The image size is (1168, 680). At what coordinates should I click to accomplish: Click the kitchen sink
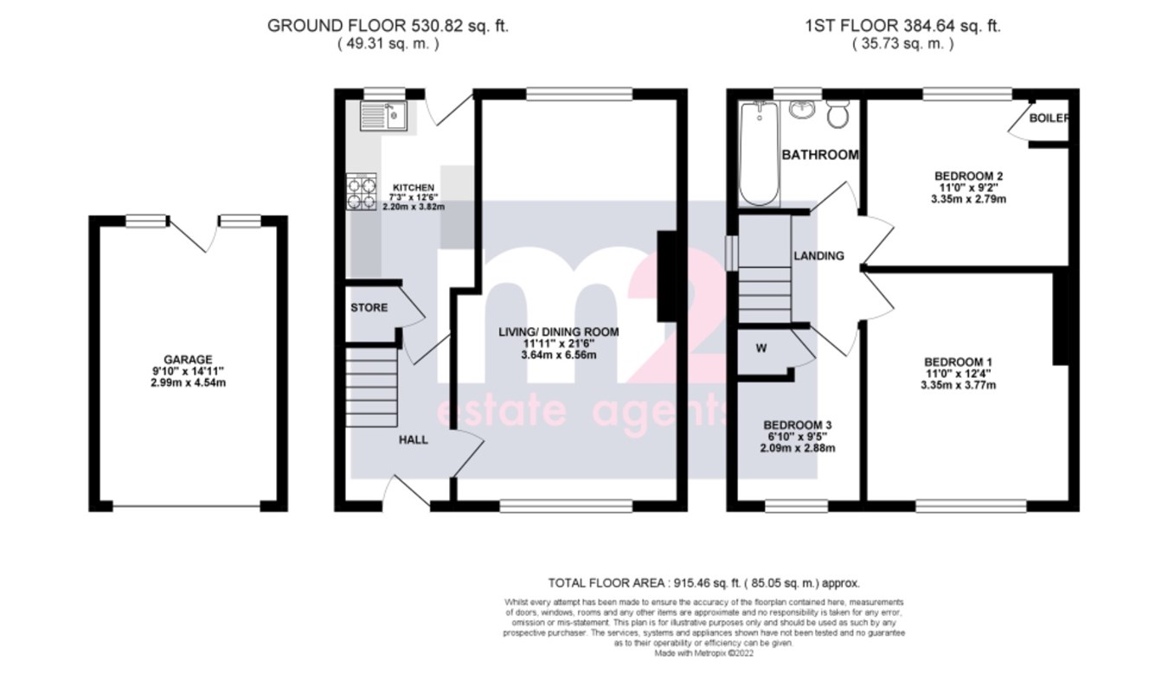tap(383, 114)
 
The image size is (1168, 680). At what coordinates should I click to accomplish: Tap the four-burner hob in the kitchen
tap(361, 192)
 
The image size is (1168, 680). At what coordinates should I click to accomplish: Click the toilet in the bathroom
tap(837, 114)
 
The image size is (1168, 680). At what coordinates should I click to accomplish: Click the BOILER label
tap(1049, 119)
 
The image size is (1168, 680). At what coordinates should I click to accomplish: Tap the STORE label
tap(369, 308)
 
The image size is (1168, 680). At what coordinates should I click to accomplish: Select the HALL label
tap(413, 440)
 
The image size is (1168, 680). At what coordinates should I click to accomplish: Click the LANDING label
tap(818, 256)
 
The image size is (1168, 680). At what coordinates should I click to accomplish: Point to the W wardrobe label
tap(760, 350)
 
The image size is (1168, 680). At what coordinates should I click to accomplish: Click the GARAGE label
tap(188, 360)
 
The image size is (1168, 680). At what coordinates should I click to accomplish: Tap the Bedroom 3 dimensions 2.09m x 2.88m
tap(797, 448)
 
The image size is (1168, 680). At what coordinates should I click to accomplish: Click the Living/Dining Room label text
tap(558, 331)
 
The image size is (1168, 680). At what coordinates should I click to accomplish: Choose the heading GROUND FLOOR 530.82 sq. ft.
tap(388, 26)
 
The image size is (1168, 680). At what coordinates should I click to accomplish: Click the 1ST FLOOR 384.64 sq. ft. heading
tap(902, 26)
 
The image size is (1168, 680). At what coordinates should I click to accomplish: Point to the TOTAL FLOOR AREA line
tap(704, 583)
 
